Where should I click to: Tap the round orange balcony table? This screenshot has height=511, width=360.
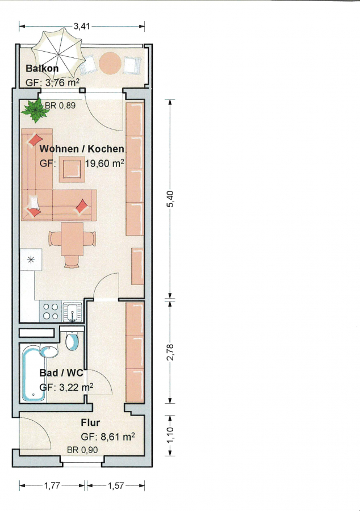[110, 63]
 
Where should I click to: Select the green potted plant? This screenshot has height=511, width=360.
[36, 111]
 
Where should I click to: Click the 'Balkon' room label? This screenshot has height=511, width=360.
[42, 69]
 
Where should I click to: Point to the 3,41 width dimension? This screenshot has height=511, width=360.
[81, 26]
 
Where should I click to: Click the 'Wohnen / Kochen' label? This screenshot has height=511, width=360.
[82, 149]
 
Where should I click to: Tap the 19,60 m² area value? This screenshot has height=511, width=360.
[104, 163]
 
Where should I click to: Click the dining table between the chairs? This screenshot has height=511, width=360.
[72, 239]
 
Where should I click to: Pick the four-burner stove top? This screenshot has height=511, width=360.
[51, 311]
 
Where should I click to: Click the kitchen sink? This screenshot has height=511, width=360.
[72, 312]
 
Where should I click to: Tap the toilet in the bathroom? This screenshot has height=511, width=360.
[72, 341]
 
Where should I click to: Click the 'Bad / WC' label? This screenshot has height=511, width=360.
[61, 373]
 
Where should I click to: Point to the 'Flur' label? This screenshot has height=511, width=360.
[90, 422]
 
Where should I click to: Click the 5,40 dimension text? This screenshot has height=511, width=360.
[171, 199]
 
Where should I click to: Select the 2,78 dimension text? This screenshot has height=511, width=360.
[171, 352]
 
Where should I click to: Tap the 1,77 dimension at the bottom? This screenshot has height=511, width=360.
[52, 485]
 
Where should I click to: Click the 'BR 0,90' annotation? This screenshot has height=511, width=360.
[82, 450]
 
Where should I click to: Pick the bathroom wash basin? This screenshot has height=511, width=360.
[49, 352]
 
